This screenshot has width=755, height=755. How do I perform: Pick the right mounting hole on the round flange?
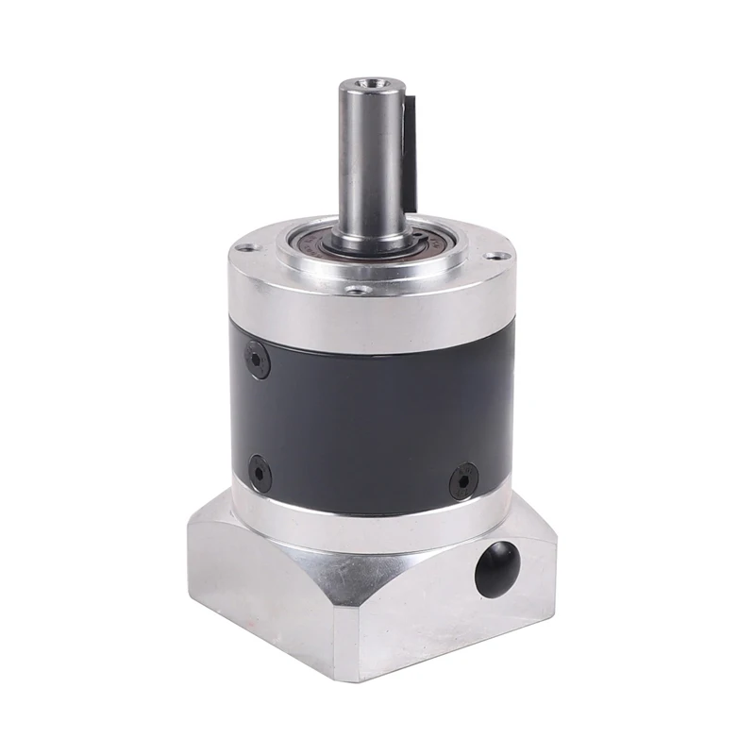[x=493, y=255]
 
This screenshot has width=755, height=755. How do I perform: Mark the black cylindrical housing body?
[x=368, y=415]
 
